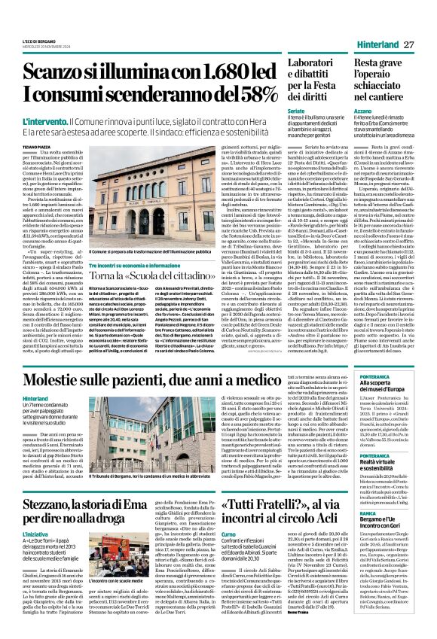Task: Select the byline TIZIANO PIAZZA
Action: tap(35, 147)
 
